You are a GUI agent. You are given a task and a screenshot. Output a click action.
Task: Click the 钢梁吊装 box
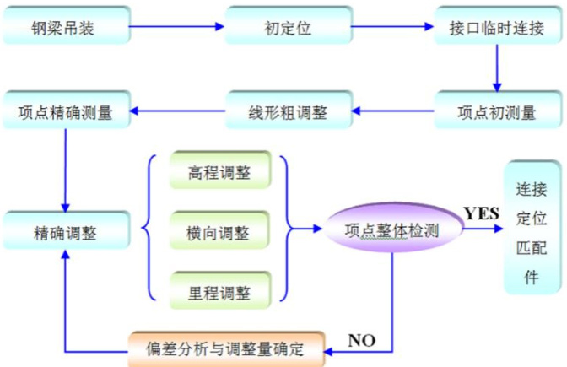point(66,28)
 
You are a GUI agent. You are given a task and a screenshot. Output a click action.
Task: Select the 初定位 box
point(288,28)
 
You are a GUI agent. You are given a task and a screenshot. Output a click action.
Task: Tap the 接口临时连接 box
point(497,28)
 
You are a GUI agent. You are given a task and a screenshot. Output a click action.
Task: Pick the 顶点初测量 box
point(497,111)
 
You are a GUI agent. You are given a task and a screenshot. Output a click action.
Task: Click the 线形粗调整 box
point(288,111)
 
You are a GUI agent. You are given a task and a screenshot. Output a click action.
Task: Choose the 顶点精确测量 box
point(66,111)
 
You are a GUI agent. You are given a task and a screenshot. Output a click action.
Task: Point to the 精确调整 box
point(66,230)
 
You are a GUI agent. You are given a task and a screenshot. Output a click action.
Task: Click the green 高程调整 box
point(219,171)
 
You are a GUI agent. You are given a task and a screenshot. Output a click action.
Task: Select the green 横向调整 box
point(219,230)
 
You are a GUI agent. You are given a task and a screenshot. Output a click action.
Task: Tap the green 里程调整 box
point(219,290)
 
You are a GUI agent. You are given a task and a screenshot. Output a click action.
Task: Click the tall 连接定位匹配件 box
point(532,228)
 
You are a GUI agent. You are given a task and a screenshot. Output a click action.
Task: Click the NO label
point(362,341)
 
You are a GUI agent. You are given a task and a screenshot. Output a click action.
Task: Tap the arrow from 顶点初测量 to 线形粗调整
point(392,110)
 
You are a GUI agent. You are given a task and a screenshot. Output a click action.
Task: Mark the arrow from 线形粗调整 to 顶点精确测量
point(177,110)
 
